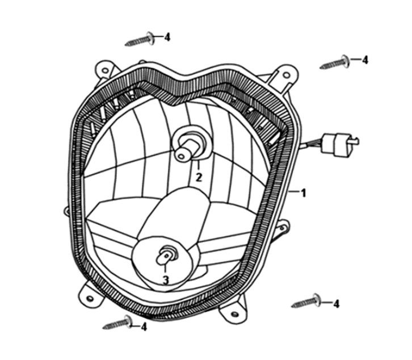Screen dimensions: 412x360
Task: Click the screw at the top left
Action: [x=140, y=40]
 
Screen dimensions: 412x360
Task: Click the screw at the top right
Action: [x=334, y=62]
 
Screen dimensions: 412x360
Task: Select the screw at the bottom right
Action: [x=306, y=302]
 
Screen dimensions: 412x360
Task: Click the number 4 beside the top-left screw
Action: [x=167, y=36]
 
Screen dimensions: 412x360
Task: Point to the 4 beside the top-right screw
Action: [x=365, y=59]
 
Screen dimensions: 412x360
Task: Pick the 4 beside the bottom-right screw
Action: [x=337, y=304]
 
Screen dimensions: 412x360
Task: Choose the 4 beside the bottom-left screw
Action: [x=144, y=326]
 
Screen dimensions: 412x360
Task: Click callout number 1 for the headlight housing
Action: [x=303, y=193]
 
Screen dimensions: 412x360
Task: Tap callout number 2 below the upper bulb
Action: [x=199, y=177]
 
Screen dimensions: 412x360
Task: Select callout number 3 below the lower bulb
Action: [x=165, y=279]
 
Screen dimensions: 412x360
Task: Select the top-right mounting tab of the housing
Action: [x=281, y=75]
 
